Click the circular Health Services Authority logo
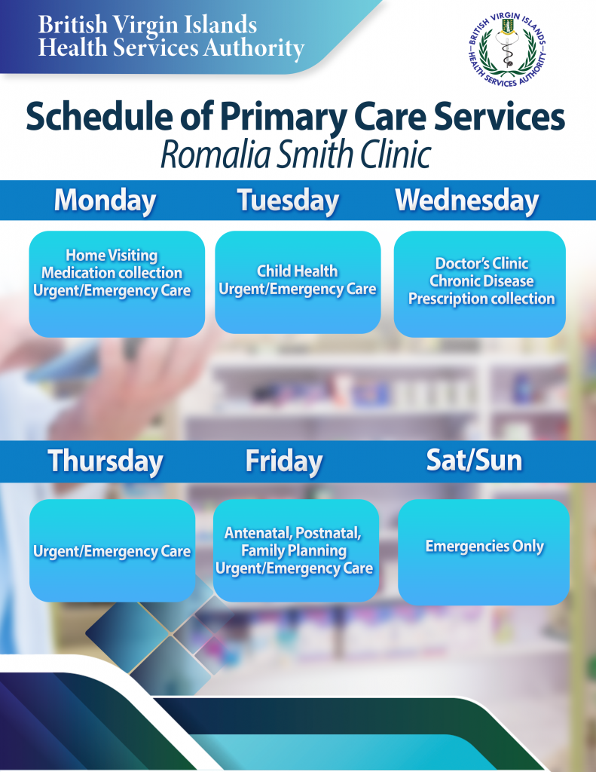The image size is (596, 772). (507, 49)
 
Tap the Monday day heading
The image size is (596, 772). (105, 201)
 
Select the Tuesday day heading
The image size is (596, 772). (289, 201)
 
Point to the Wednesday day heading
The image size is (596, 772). (467, 201)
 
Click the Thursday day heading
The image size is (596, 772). (105, 461)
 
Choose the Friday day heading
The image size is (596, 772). (284, 461)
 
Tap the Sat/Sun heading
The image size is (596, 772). (474, 461)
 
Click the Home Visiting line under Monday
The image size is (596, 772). (112, 256)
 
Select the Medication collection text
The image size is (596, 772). (112, 273)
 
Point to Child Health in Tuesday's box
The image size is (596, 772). (298, 271)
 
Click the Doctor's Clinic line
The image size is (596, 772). (481, 263)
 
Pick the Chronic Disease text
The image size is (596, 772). (481, 280)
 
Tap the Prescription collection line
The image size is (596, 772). (481, 299)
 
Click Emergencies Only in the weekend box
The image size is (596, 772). (484, 546)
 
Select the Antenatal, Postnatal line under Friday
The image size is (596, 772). (293, 533)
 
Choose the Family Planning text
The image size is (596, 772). (294, 550)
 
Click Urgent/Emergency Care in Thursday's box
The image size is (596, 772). (112, 551)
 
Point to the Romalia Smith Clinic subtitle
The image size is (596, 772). (296, 155)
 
